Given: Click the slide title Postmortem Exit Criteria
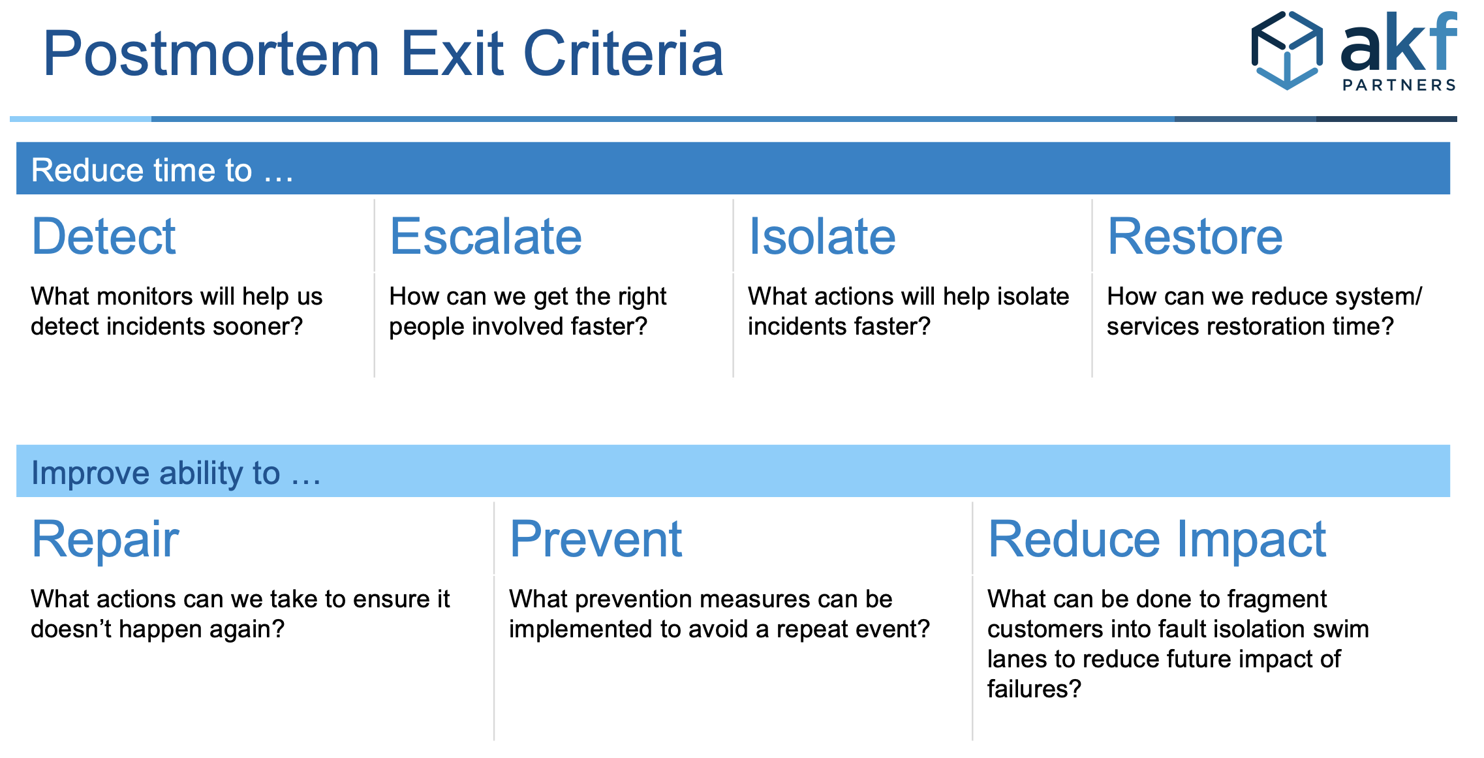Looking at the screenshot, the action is tap(383, 53).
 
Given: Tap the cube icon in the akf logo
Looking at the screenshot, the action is tap(1287, 50).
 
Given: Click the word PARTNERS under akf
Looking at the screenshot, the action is tap(1399, 85).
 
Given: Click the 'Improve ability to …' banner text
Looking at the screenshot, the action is tap(176, 473).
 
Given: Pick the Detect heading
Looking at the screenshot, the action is tap(104, 236).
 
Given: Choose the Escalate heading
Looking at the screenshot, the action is tap(486, 236).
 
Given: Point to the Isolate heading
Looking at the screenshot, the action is tap(822, 236).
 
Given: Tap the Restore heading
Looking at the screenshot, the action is tap(1195, 236).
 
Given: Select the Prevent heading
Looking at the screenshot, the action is tap(596, 539).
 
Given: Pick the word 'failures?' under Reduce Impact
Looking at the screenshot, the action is tap(1034, 689).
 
